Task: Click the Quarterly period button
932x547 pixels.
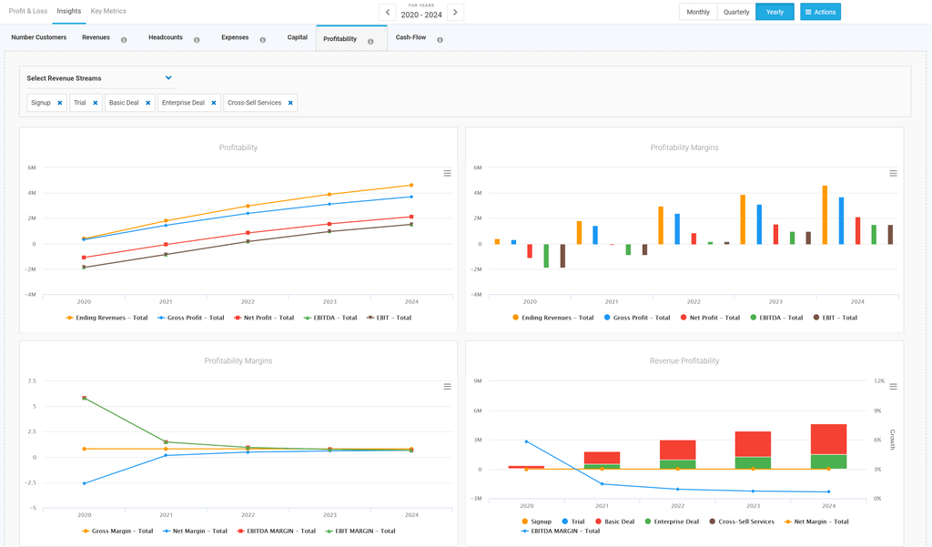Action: [736, 12]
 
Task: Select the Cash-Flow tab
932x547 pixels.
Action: [410, 38]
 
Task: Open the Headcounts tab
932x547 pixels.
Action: [166, 38]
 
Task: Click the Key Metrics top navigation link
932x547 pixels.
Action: [108, 11]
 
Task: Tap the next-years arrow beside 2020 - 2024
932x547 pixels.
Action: [456, 12]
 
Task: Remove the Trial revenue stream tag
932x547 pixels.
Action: [95, 103]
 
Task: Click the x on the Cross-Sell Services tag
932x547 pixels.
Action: [290, 103]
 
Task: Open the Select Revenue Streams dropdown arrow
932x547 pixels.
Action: [168, 78]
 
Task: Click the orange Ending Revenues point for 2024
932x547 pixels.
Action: [411, 185]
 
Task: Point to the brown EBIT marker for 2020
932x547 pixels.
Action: [84, 268]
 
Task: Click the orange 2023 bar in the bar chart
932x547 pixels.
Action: [743, 219]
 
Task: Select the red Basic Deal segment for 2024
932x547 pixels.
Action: [828, 439]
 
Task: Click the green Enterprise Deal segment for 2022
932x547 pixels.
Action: [677, 464]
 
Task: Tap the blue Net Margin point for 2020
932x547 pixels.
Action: [84, 483]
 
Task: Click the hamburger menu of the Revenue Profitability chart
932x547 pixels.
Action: [893, 386]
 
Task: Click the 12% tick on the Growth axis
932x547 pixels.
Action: [879, 380]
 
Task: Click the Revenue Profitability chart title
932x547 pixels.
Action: [684, 360]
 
